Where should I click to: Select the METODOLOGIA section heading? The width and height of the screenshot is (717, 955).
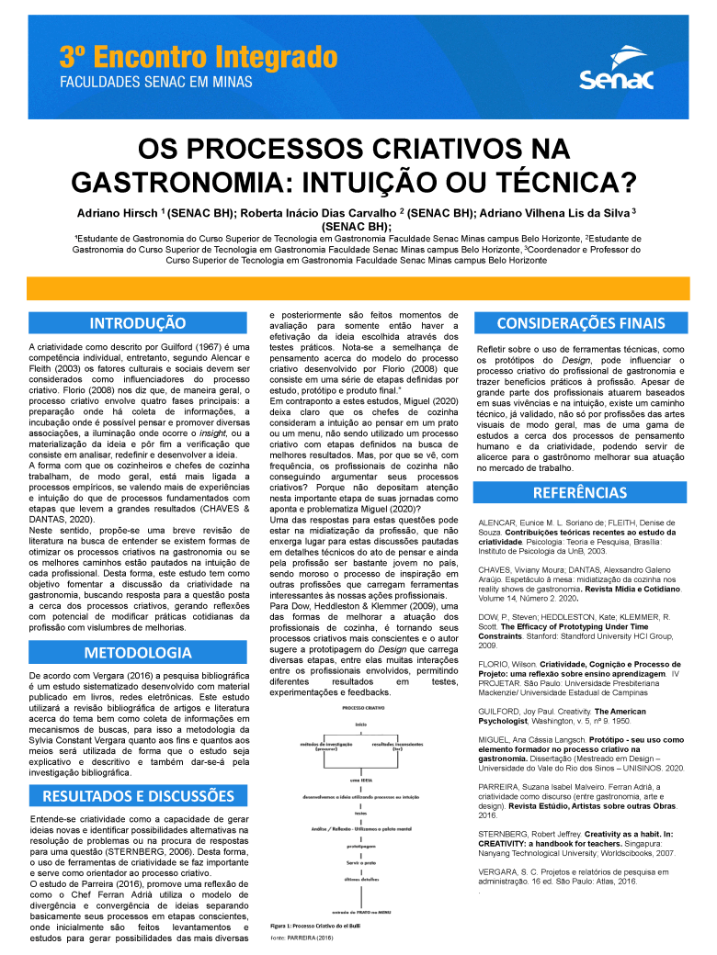click(x=138, y=627)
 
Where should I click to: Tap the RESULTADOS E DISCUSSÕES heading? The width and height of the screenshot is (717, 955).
click(x=138, y=795)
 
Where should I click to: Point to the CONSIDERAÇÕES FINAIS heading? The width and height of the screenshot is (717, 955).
click(x=580, y=323)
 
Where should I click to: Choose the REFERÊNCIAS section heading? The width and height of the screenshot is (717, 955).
click(x=580, y=493)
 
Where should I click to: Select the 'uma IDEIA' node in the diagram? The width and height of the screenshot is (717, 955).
click(x=361, y=779)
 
